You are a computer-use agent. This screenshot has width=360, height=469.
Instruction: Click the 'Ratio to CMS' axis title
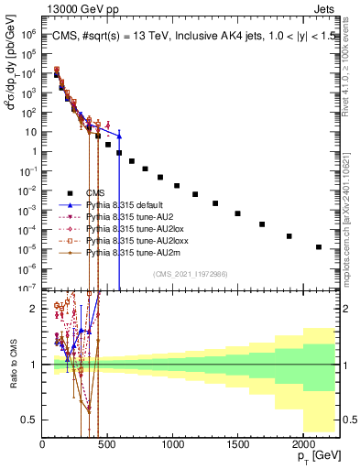point(12,362)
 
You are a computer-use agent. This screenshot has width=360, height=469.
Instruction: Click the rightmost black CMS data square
point(318,246)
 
